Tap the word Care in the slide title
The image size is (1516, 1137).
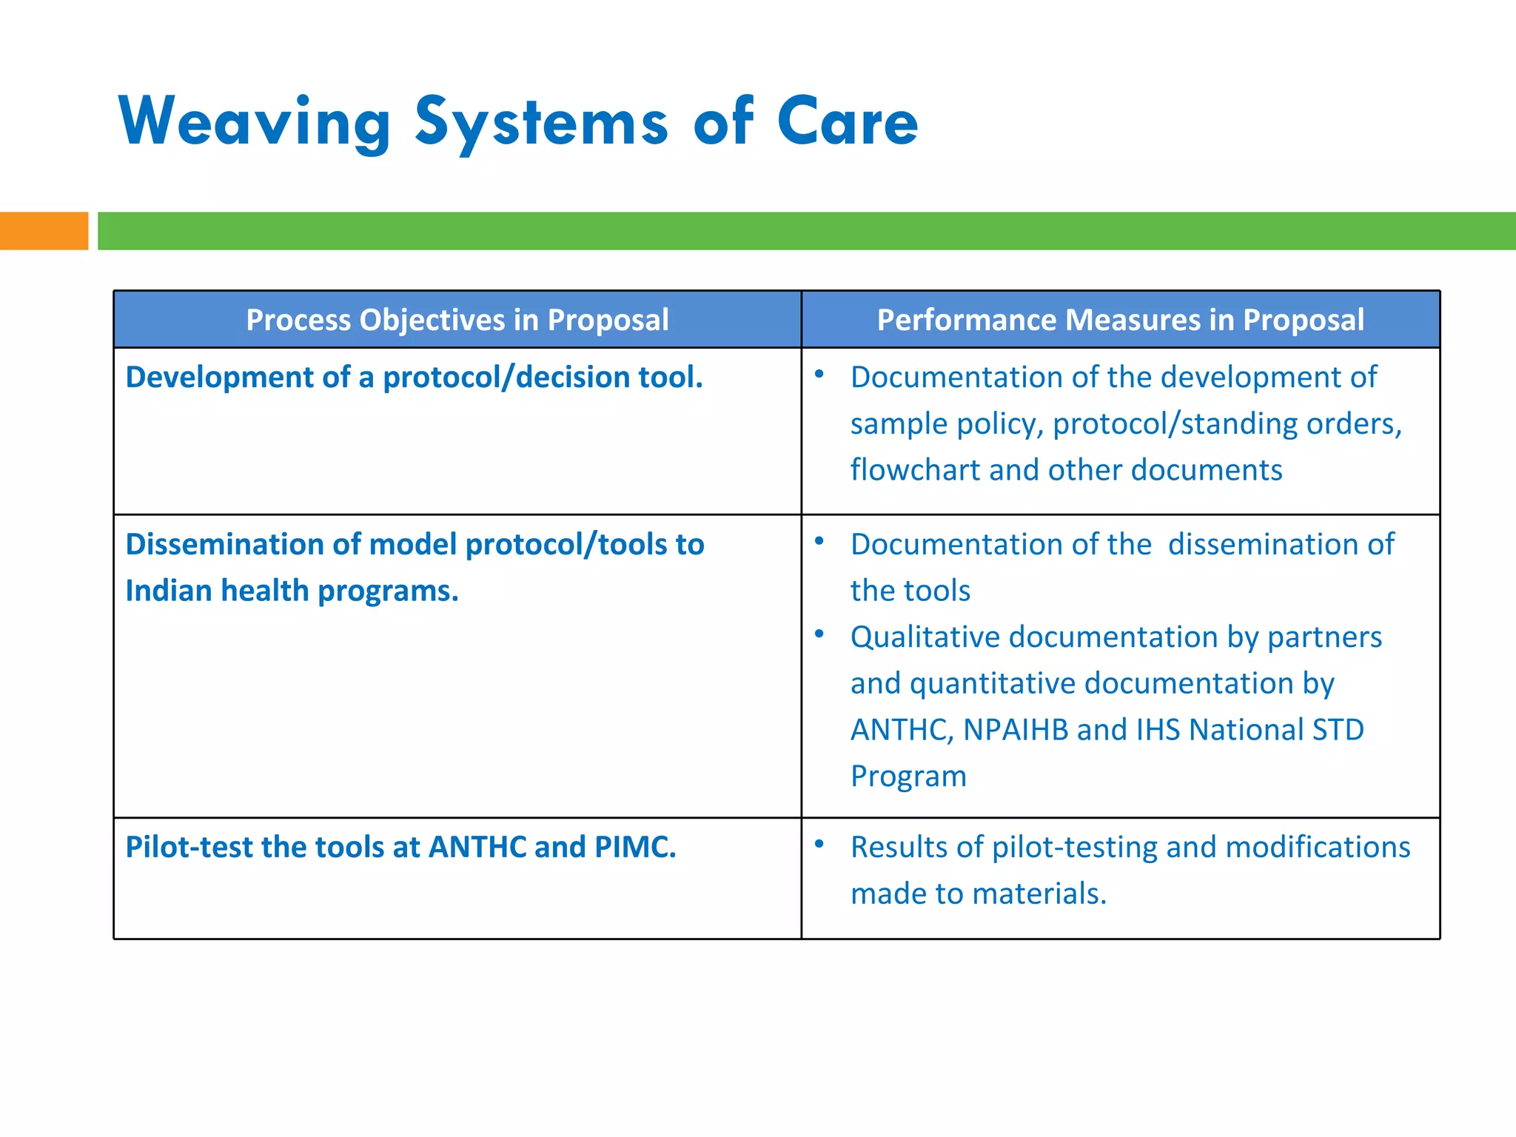(x=847, y=122)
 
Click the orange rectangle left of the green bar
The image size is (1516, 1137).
(x=44, y=231)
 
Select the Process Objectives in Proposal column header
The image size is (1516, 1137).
(x=457, y=320)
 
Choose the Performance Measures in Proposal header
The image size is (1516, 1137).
(x=1120, y=320)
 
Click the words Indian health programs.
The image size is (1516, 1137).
(x=292, y=591)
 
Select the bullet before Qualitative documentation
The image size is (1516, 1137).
(x=819, y=634)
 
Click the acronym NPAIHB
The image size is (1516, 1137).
(x=1016, y=730)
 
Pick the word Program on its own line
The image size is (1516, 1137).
(x=908, y=777)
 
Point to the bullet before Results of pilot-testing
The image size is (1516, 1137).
(x=819, y=844)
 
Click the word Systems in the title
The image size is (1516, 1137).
(x=541, y=122)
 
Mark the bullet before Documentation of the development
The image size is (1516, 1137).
(x=819, y=375)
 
